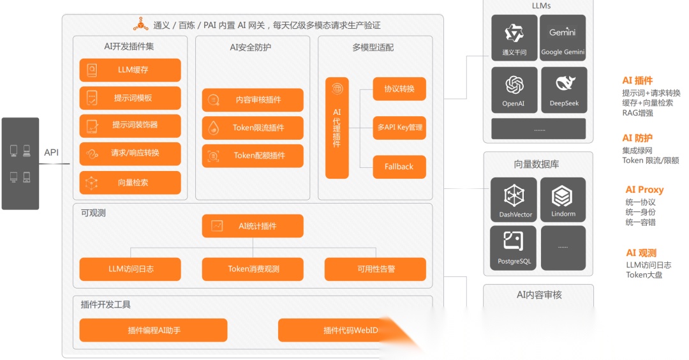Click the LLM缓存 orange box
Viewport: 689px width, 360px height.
130,70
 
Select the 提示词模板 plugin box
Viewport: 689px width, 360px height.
130,98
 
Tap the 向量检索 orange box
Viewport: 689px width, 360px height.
130,183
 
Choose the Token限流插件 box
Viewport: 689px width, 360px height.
253,128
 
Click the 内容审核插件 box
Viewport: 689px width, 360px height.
253,100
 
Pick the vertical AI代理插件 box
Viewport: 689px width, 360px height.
337,128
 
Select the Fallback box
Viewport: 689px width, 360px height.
399,167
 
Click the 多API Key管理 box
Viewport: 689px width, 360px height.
399,128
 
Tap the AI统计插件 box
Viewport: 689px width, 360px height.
253,226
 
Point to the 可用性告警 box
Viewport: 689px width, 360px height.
375,269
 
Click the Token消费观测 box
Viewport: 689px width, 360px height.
253,269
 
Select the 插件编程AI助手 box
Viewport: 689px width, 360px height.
153,330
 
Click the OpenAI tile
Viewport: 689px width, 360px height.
514,90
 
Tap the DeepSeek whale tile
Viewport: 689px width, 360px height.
564,90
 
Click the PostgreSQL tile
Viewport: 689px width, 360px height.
514,248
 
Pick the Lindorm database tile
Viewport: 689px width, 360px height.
563,200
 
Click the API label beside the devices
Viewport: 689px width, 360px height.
51,153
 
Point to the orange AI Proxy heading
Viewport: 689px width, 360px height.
644,190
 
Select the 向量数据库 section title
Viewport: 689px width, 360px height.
537,164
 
